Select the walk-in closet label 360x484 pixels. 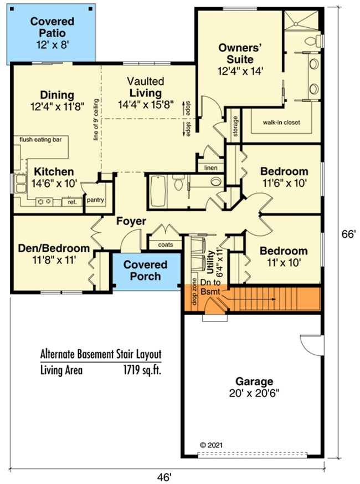click(281, 122)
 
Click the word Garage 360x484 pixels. click(254, 381)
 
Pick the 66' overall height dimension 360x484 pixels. click(347, 235)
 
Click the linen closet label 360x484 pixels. click(210, 167)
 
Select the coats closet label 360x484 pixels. click(166, 244)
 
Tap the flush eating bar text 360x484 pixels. click(40, 140)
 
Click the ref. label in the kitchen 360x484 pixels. click(72, 202)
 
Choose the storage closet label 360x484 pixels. click(236, 126)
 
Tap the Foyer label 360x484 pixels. click(131, 221)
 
